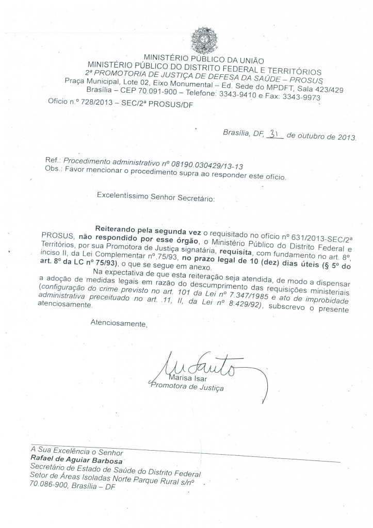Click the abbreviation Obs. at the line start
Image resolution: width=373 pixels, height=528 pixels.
tap(53, 169)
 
